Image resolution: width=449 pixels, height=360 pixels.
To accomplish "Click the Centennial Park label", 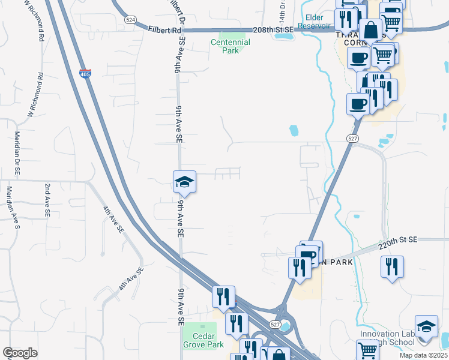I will pyautogui.click(x=230, y=46).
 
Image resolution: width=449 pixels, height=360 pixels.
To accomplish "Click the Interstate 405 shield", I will pyautogui.click(x=85, y=74).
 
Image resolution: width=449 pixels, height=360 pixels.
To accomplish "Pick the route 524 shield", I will pyautogui.click(x=130, y=20).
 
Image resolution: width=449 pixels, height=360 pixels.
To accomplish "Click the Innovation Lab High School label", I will pyautogui.click(x=387, y=338).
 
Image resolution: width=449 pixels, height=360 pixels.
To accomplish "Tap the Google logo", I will pyautogui.click(x=20, y=353).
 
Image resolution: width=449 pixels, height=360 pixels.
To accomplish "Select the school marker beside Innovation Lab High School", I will pyautogui.click(x=426, y=328).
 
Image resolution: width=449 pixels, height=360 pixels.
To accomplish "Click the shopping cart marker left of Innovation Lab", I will pyautogui.click(x=367, y=350).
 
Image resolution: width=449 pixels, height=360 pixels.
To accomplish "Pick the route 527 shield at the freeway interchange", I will pyautogui.click(x=276, y=324).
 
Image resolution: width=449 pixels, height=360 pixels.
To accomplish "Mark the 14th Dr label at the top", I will pyautogui.click(x=280, y=10).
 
